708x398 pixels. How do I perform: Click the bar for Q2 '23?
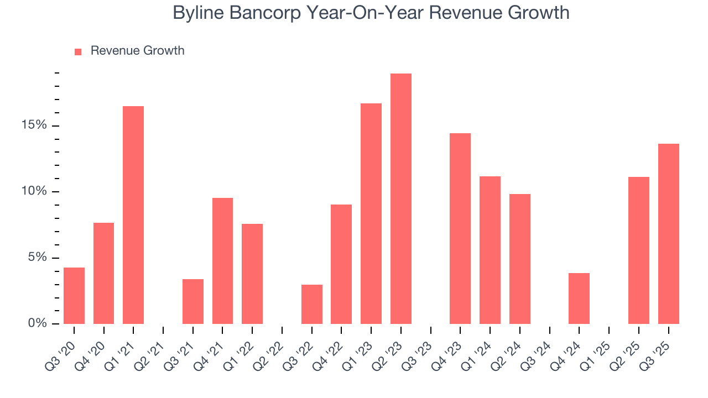pos(400,199)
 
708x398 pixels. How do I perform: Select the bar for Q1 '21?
pos(133,215)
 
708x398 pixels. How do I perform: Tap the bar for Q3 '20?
pos(74,296)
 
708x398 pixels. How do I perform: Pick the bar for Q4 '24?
pos(579,298)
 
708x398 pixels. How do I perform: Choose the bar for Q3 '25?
pos(668,234)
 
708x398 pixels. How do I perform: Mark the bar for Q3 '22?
pos(312,304)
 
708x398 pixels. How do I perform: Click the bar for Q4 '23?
pos(460,228)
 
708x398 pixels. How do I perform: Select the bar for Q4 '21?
pos(222,261)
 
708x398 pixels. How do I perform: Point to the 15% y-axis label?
pos(34,125)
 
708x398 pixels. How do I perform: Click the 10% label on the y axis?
pos(34,192)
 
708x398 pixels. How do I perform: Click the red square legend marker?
pos(78,51)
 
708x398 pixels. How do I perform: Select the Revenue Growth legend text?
pos(137,51)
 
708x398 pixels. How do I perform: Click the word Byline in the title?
pos(200,13)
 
